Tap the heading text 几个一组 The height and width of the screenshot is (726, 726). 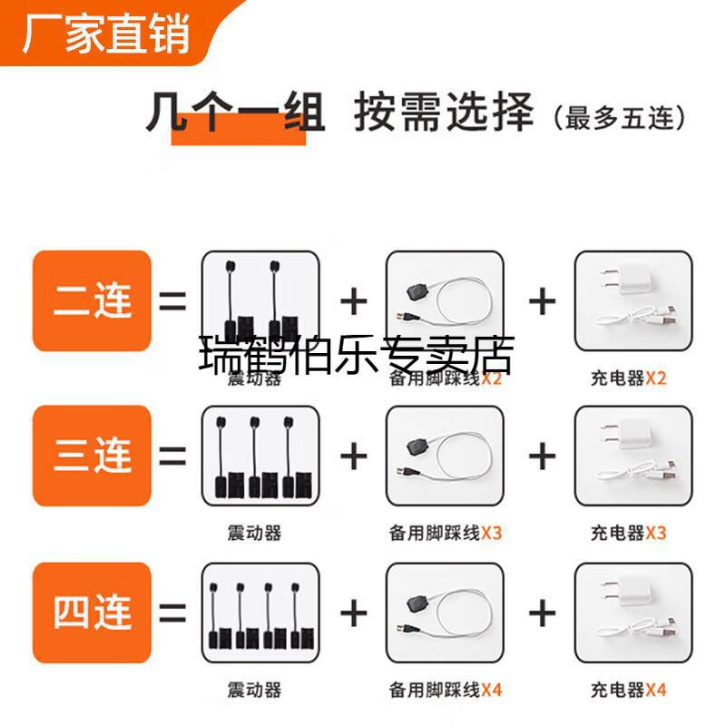(236, 118)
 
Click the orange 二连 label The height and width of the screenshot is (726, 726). (92, 300)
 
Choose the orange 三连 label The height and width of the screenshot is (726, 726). (92, 456)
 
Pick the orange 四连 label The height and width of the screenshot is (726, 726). (92, 612)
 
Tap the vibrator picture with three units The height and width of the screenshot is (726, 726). (260, 456)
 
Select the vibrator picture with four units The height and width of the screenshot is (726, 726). (260, 613)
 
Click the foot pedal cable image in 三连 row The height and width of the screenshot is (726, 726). (445, 456)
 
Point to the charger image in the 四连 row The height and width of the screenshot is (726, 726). (633, 613)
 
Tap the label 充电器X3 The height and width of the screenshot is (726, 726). (628, 533)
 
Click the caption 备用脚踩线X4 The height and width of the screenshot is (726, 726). (445, 690)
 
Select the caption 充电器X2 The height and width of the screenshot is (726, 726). (628, 378)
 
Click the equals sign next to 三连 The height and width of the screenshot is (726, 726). (172, 456)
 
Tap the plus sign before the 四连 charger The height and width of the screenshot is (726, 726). (542, 613)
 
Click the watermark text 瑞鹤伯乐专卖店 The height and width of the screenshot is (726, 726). (356, 356)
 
